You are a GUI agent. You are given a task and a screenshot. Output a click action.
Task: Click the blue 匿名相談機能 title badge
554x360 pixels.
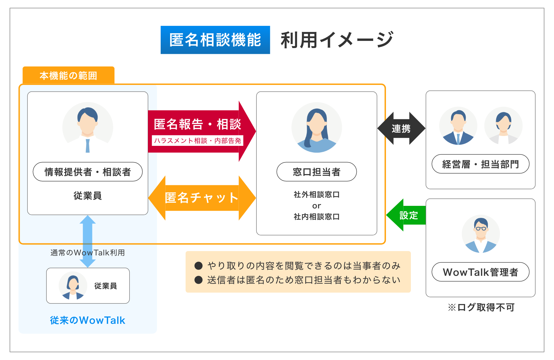[215, 40]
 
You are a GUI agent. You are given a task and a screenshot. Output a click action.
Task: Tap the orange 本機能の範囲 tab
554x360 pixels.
[68, 75]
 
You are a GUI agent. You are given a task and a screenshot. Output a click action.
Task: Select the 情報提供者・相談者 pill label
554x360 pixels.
[88, 172]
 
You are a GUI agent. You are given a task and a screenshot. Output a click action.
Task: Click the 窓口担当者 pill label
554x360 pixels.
[316, 172]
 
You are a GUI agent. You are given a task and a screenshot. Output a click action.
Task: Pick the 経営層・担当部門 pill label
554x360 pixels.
[480, 164]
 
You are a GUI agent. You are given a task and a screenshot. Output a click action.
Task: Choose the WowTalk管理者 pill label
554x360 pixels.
[480, 272]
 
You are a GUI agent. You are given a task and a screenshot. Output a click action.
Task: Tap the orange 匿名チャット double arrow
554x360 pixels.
[202, 198]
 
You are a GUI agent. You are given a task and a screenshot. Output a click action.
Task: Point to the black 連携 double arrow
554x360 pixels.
[401, 128]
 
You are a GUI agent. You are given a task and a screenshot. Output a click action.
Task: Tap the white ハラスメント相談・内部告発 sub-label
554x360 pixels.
[197, 141]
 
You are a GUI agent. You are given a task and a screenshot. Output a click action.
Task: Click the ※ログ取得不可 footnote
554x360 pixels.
[481, 307]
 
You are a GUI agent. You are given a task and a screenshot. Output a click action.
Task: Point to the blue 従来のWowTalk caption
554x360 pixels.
[88, 320]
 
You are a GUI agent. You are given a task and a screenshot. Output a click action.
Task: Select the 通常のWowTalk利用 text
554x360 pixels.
[88, 253]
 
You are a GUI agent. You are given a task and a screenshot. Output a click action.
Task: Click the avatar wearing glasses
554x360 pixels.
[480, 234]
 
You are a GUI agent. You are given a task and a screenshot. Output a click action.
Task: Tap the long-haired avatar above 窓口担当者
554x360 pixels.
[316, 128]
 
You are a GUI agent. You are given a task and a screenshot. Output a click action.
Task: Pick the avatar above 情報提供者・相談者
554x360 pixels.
[88, 128]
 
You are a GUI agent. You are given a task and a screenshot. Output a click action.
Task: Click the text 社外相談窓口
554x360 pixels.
[316, 194]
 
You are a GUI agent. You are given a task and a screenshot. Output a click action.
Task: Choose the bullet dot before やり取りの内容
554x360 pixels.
[199, 266]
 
